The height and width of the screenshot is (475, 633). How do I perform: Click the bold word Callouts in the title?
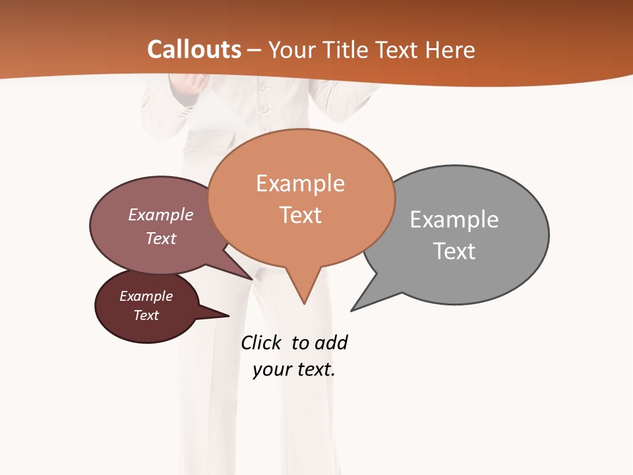[x=194, y=49]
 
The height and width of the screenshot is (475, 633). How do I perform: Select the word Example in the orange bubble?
[x=300, y=183]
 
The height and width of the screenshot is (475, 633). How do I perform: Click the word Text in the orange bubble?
[x=301, y=215]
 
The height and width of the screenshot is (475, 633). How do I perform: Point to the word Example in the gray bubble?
[x=454, y=220]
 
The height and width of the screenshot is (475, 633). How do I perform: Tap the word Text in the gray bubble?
[x=454, y=251]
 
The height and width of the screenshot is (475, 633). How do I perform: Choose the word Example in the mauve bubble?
[x=161, y=214]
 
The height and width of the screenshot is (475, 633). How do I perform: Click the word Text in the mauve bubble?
[x=161, y=238]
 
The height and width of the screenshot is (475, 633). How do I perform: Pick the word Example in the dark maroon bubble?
[x=146, y=296]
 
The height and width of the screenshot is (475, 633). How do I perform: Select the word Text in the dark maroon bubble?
[x=146, y=315]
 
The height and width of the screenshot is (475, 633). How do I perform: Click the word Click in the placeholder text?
[x=260, y=343]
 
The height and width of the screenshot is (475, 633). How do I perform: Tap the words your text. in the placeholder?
[x=294, y=369]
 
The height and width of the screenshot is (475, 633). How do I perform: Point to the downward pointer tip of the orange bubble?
[x=304, y=303]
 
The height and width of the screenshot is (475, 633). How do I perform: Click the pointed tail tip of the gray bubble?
[x=351, y=310]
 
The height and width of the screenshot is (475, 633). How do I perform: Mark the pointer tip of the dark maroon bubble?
[x=228, y=316]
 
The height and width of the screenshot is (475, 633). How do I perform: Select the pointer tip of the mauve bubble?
[x=253, y=279]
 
